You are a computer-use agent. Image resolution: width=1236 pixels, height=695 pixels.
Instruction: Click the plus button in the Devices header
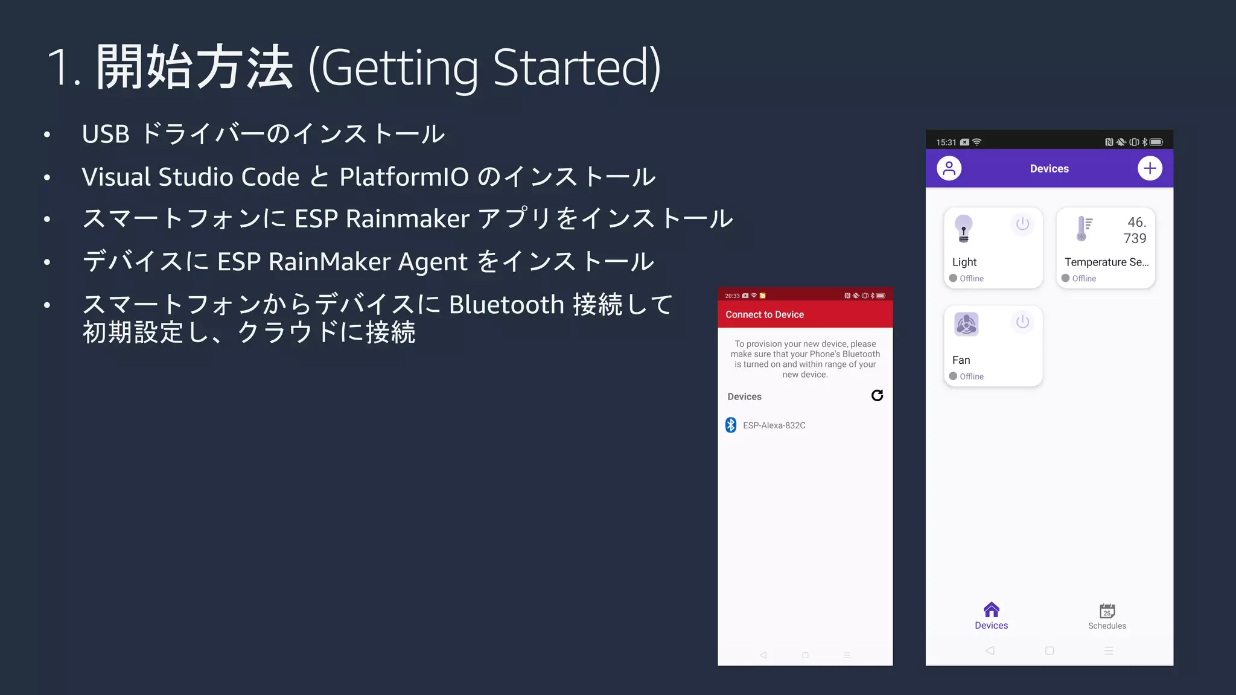coord(1150,168)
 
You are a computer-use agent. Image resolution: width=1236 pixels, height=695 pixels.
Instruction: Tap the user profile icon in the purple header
coord(949,168)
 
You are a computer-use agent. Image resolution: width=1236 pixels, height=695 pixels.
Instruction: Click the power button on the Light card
coord(1022,224)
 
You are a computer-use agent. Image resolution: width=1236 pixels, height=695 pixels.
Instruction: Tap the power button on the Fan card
coord(1022,322)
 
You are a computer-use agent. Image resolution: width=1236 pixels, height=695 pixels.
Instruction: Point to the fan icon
coord(966,325)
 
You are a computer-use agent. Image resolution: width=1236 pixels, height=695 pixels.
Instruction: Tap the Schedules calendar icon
coord(1107,611)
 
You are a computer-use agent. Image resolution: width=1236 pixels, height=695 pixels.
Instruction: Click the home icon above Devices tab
coord(991,609)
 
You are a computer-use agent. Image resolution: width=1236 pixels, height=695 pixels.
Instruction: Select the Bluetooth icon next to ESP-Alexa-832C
coord(731,425)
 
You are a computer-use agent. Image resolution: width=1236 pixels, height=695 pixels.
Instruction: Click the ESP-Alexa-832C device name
coord(774,425)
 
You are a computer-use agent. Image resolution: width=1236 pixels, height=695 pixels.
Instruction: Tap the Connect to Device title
coord(765,314)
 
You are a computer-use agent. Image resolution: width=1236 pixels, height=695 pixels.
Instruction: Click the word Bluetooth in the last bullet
coord(506,305)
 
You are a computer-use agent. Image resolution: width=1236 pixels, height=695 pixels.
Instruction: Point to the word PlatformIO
coord(404,177)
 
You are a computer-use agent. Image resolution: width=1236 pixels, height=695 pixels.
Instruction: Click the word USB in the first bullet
coord(106,134)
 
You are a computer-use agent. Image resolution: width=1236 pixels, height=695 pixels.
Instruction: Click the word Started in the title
coord(576,68)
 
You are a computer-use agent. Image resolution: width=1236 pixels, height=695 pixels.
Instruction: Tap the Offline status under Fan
coord(971,376)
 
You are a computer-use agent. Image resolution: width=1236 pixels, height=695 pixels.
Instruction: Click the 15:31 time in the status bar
coord(946,142)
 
